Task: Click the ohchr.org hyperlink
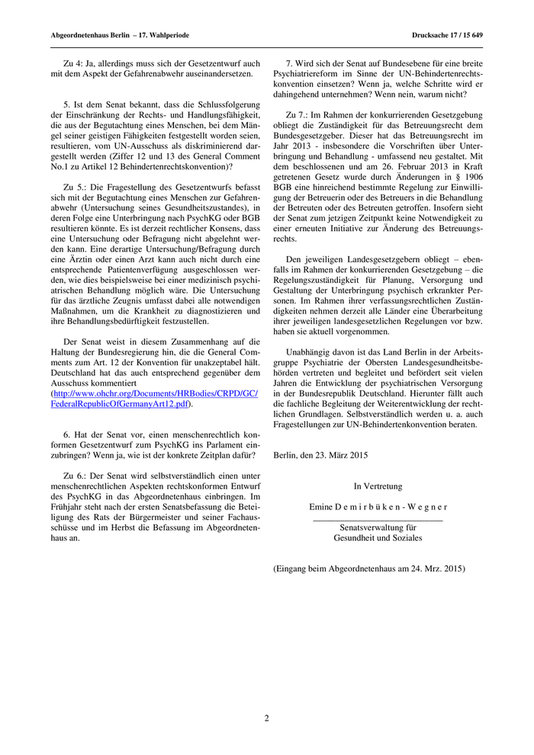[x=155, y=398]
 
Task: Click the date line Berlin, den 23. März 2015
[x=320, y=456]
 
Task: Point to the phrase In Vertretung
[x=378, y=486]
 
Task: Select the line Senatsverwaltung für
[x=378, y=527]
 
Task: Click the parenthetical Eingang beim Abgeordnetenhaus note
[x=368, y=568]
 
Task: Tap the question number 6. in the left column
[x=66, y=434]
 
